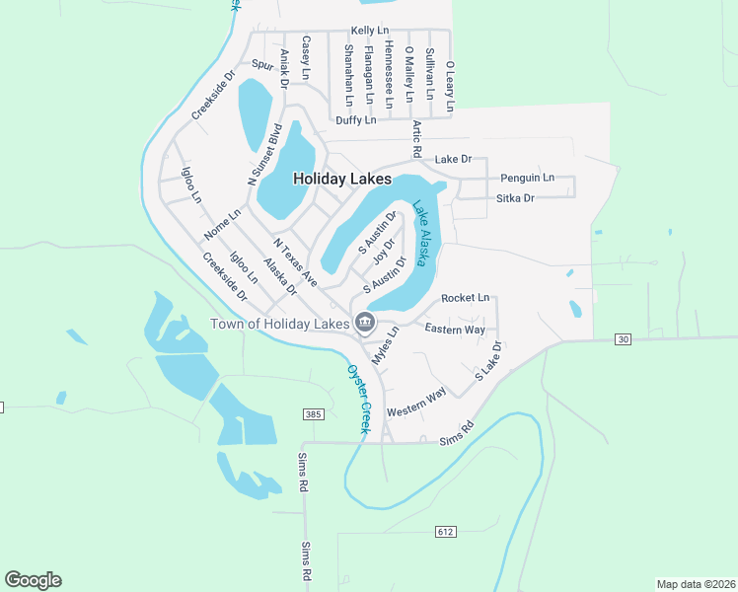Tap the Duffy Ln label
pos(356,120)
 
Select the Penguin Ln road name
pos(527,179)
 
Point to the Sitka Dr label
pos(515,198)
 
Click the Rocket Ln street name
pos(465,298)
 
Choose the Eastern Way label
pos(455,329)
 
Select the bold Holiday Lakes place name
pos(342,180)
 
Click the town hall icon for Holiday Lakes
pos(365,323)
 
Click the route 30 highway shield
pos(622,339)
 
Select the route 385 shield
pos(313,414)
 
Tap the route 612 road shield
pos(445,532)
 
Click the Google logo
pos(33,580)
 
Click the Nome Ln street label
pos(222,225)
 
